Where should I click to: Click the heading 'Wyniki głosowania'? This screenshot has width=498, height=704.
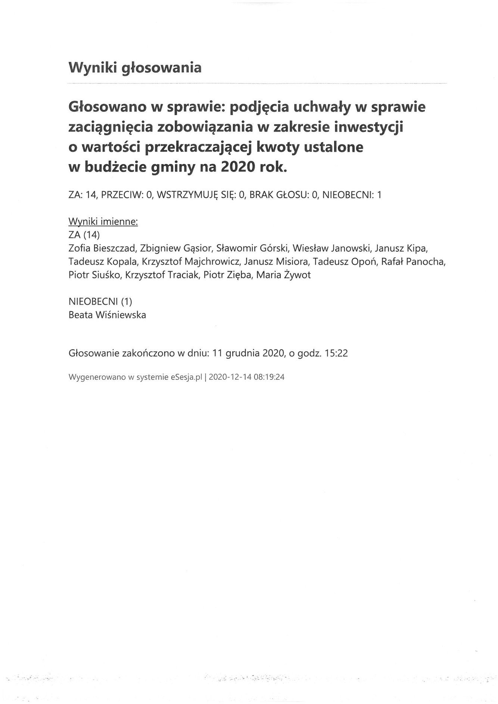135,68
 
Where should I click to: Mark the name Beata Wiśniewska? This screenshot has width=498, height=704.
107,315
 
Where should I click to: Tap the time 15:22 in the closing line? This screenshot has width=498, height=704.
336,353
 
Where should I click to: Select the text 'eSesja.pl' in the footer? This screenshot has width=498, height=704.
186,377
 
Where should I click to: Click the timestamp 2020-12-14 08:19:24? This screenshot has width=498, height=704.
246,377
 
